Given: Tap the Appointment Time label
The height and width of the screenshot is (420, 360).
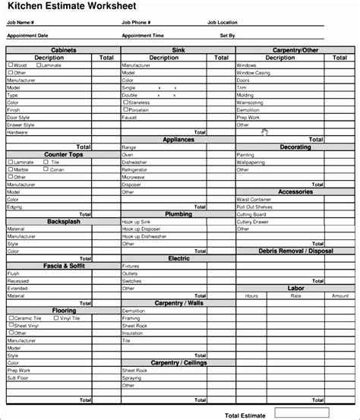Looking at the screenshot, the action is coord(142,35).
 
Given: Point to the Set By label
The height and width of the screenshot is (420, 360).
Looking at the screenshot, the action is coord(227,35).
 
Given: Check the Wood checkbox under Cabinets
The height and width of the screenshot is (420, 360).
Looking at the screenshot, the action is coord(11,65).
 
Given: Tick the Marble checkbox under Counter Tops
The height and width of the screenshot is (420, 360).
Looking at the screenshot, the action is coord(11,169).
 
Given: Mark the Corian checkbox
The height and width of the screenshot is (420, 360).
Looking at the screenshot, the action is coord(47,169).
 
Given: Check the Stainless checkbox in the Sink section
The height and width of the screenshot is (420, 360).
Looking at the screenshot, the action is coord(125,102).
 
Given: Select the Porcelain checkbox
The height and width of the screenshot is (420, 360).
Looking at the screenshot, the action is coord(125,109).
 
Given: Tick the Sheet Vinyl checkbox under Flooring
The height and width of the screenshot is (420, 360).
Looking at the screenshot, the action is coord(11,325).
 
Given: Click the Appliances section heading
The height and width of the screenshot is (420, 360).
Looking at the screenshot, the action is coord(178,140).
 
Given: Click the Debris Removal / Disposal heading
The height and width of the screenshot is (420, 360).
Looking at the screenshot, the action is coord(295,251).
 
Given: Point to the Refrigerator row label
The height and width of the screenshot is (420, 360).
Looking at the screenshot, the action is coord(137,169).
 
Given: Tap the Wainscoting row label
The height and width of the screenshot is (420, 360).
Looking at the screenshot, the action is coord(250,102).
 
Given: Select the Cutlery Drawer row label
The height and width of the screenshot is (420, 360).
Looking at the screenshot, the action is coord(251,222).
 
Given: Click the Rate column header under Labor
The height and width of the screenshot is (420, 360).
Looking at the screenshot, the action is coord(296,295).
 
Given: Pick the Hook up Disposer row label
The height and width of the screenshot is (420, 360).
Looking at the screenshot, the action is coord(141,229).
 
